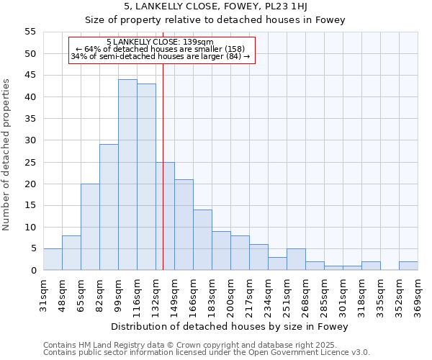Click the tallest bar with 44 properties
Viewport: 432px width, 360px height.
[x=127, y=175]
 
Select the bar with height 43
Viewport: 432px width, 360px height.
[x=146, y=177]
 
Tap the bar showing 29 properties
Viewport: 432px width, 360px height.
[x=109, y=207]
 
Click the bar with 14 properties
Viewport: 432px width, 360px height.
[x=202, y=240]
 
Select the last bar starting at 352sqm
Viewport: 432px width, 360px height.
[x=408, y=266]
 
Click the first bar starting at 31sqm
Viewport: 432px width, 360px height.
[x=53, y=259]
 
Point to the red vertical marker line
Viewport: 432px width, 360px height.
[x=163, y=180]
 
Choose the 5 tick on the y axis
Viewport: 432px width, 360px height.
[x=32, y=248]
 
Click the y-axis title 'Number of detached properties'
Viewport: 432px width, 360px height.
[x=7, y=154]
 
